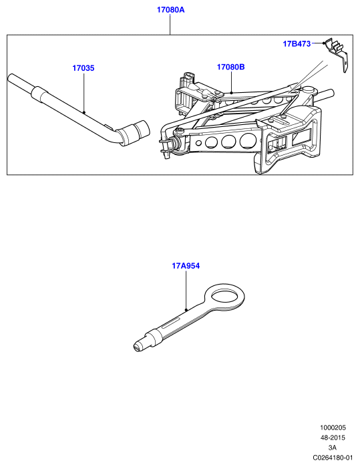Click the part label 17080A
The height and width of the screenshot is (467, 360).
pos(170,10)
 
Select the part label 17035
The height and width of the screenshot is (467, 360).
pos(83,68)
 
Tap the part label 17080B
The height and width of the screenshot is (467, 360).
pos(231,67)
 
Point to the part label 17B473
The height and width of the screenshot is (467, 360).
pos(297,44)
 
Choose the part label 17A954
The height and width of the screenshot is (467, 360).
pos(186,266)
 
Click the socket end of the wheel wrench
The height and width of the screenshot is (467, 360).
pos(136,133)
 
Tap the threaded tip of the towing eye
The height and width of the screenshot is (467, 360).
pos(140,345)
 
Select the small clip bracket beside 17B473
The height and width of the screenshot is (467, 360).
pos(337,54)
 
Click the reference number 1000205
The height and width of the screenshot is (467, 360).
pos(333,428)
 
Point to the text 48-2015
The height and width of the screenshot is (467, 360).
pos(333,438)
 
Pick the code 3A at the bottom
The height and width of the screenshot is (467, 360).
pos(333,448)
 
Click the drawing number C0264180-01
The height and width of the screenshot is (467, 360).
pos(333,458)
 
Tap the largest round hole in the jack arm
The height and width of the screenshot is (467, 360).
pos(248,140)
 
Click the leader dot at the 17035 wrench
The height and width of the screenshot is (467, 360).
pos(84,113)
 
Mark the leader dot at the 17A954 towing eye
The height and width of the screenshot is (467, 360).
pos(186,310)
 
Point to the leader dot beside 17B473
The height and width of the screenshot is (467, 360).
pos(324,43)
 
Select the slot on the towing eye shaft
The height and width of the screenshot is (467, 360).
pos(171,323)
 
